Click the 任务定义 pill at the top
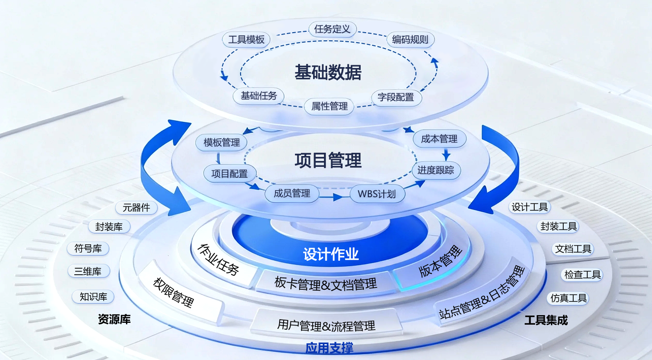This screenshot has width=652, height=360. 332,29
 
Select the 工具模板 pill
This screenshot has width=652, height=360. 246,39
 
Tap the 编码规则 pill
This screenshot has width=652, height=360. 410,39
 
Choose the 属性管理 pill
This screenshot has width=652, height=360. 329,107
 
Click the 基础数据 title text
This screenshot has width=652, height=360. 328,73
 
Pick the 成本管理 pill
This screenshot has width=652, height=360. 439,139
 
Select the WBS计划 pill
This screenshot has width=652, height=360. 377,194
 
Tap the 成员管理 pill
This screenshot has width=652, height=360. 292,194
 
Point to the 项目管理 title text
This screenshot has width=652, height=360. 328,161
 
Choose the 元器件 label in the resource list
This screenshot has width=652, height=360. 136,208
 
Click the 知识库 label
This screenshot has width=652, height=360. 93,297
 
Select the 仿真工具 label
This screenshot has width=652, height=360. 569,298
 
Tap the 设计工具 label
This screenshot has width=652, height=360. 530,208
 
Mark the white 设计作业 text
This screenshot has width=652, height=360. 331,254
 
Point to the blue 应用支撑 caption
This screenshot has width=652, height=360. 329,348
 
